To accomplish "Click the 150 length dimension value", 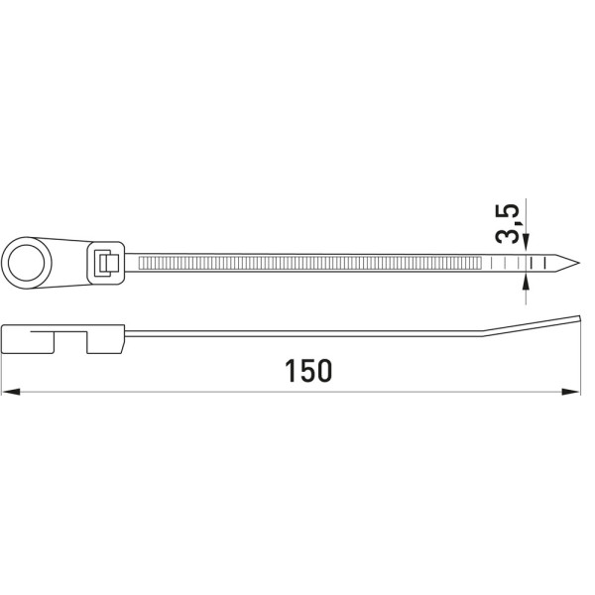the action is [x=308, y=371].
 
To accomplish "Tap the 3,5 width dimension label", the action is [x=508, y=223].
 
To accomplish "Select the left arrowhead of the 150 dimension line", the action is [x=11, y=392].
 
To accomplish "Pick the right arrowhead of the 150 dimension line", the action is [x=571, y=392].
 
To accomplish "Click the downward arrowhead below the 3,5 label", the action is [x=526, y=243].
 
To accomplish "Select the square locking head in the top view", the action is [x=105, y=263].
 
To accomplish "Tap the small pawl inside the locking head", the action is [x=108, y=263].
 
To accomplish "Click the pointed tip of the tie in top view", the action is [x=579, y=263].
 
